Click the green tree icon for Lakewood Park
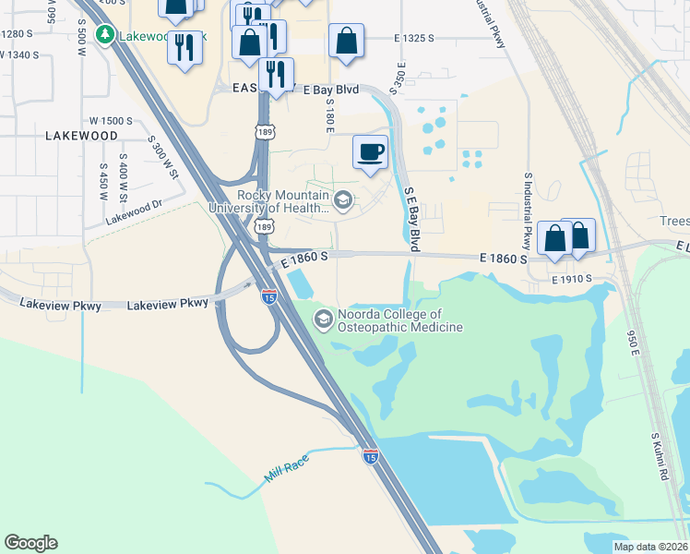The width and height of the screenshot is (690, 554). point(107,35)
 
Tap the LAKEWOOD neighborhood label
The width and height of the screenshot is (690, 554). point(81,136)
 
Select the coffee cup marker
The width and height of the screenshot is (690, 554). point(371,151)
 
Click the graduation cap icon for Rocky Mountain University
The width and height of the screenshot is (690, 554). point(343,200)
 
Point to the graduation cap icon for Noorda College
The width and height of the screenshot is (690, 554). point(323,320)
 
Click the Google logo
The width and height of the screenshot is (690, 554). point(30,543)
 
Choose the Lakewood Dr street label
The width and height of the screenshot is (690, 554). point(134,213)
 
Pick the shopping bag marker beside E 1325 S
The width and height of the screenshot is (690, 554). point(346,42)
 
